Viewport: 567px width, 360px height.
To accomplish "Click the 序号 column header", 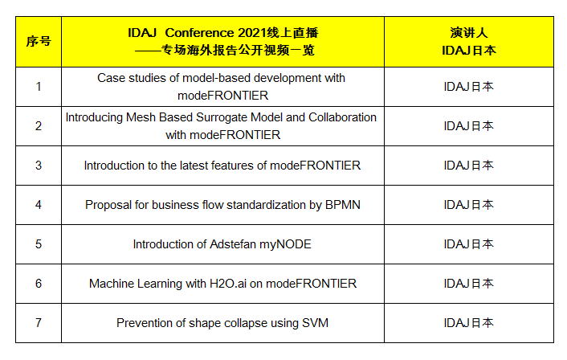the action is click(39, 42).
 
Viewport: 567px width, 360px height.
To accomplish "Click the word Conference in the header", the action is click(200, 33).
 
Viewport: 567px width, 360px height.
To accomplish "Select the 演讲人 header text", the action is click(469, 33).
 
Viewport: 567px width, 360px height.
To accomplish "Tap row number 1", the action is click(39, 87).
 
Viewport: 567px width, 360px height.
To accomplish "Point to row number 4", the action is click(39, 205).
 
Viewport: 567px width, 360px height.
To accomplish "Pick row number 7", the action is click(39, 323).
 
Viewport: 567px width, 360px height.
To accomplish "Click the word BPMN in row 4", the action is click(342, 205).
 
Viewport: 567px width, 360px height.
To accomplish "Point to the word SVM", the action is click(315, 323).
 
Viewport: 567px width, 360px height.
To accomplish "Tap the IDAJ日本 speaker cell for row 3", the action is click(469, 166).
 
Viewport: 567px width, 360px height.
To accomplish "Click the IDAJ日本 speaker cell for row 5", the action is click(469, 244).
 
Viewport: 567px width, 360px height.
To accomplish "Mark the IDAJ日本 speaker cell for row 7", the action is click(469, 323).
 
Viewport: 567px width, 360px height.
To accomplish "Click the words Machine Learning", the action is click(136, 284).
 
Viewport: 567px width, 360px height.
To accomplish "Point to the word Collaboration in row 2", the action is click(342, 117).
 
